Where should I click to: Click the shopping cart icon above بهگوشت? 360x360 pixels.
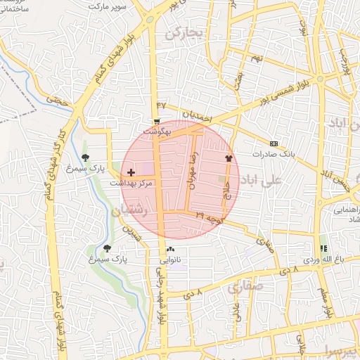tap(156, 122)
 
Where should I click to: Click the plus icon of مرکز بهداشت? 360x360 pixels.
tap(131, 172)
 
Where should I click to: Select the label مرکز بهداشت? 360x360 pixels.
tap(131, 183)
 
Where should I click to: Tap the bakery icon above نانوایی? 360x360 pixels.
tap(171, 250)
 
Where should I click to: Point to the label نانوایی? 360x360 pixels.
tap(171, 259)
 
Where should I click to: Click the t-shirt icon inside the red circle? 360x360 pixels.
tap(228, 158)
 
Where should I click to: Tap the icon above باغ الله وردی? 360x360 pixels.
tap(323, 248)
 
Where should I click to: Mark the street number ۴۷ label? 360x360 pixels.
tap(162, 105)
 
